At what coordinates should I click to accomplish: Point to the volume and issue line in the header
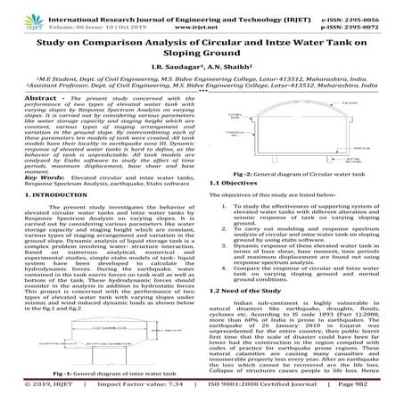(98, 16)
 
